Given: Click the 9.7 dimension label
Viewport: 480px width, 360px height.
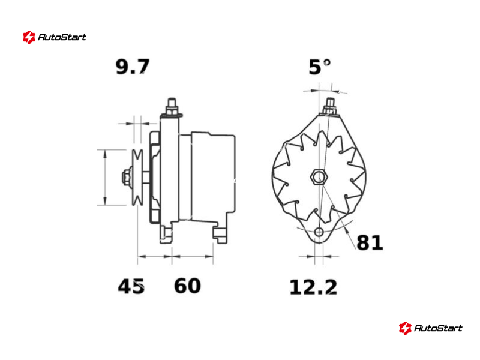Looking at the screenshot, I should coord(132,67).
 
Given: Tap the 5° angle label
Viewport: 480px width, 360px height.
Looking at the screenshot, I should coord(320,67).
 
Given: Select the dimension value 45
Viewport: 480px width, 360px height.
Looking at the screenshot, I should coord(131,286).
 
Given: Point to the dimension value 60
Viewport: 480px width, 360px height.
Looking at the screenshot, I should coord(187,286).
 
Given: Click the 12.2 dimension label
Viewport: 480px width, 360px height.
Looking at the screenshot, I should coord(313,287).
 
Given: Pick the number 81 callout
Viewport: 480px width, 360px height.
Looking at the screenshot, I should coord(370,242).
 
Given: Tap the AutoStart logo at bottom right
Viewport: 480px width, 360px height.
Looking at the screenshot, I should coord(430,328).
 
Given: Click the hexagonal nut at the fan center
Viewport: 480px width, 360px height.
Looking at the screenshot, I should coord(317,177).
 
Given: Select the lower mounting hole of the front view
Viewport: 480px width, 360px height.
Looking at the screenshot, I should coord(319,232).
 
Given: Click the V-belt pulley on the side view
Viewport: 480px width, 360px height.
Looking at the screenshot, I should coord(137,178).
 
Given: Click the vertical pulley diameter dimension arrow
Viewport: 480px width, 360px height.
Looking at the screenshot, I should coord(106,177).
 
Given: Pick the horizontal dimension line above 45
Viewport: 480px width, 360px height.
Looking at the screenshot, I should coord(155,256).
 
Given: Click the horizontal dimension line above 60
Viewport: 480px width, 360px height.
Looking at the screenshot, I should coord(193,256).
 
